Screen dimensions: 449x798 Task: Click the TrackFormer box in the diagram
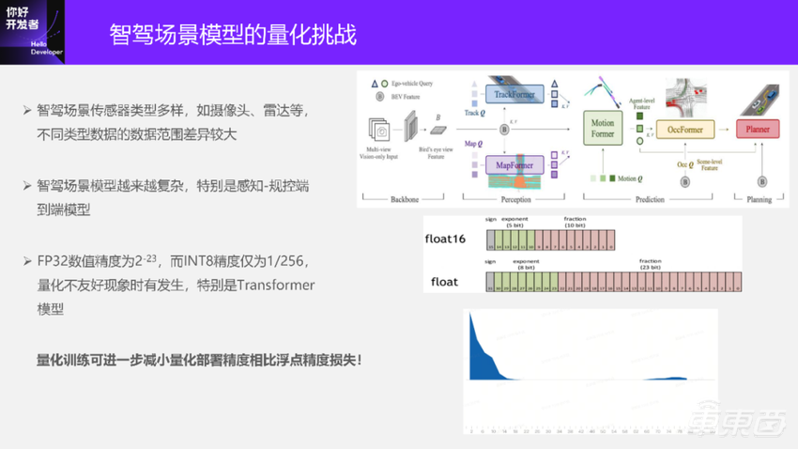pyautogui.click(x=514, y=95)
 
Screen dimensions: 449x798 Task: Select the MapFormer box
pyautogui.click(x=514, y=166)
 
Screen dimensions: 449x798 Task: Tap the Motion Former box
pyautogui.click(x=602, y=129)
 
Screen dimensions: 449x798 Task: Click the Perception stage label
pyautogui.click(x=514, y=200)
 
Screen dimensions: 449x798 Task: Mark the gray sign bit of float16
pyautogui.click(x=490, y=239)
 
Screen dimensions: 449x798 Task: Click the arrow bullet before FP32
pyautogui.click(x=27, y=260)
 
